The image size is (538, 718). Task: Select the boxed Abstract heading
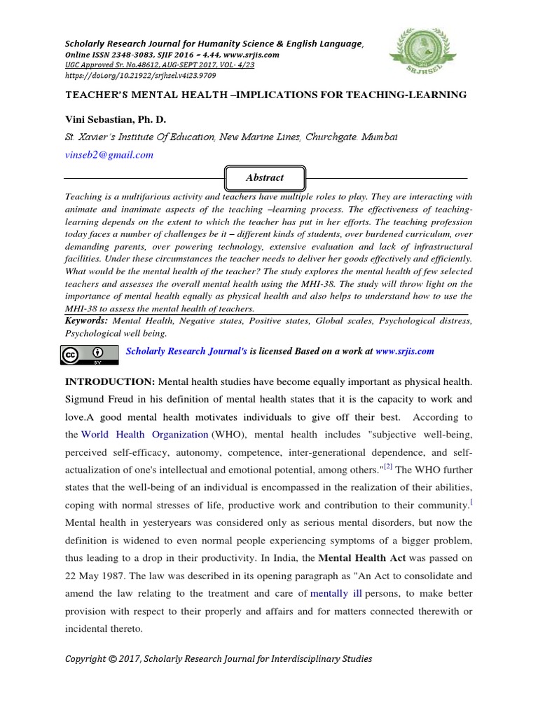tap(265, 177)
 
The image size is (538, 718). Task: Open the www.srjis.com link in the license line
tap(404, 351)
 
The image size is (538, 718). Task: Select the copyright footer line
tap(219, 658)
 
